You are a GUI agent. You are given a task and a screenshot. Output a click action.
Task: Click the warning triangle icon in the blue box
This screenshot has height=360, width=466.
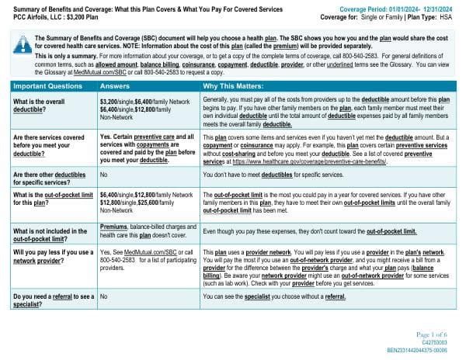click(x=16, y=41)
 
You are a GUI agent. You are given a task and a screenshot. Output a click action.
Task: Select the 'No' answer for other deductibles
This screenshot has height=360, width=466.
click(x=104, y=176)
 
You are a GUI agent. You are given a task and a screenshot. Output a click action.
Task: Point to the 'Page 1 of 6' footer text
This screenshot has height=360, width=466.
click(x=440, y=334)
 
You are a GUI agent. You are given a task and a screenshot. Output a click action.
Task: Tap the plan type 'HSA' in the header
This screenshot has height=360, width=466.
click(x=453, y=15)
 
